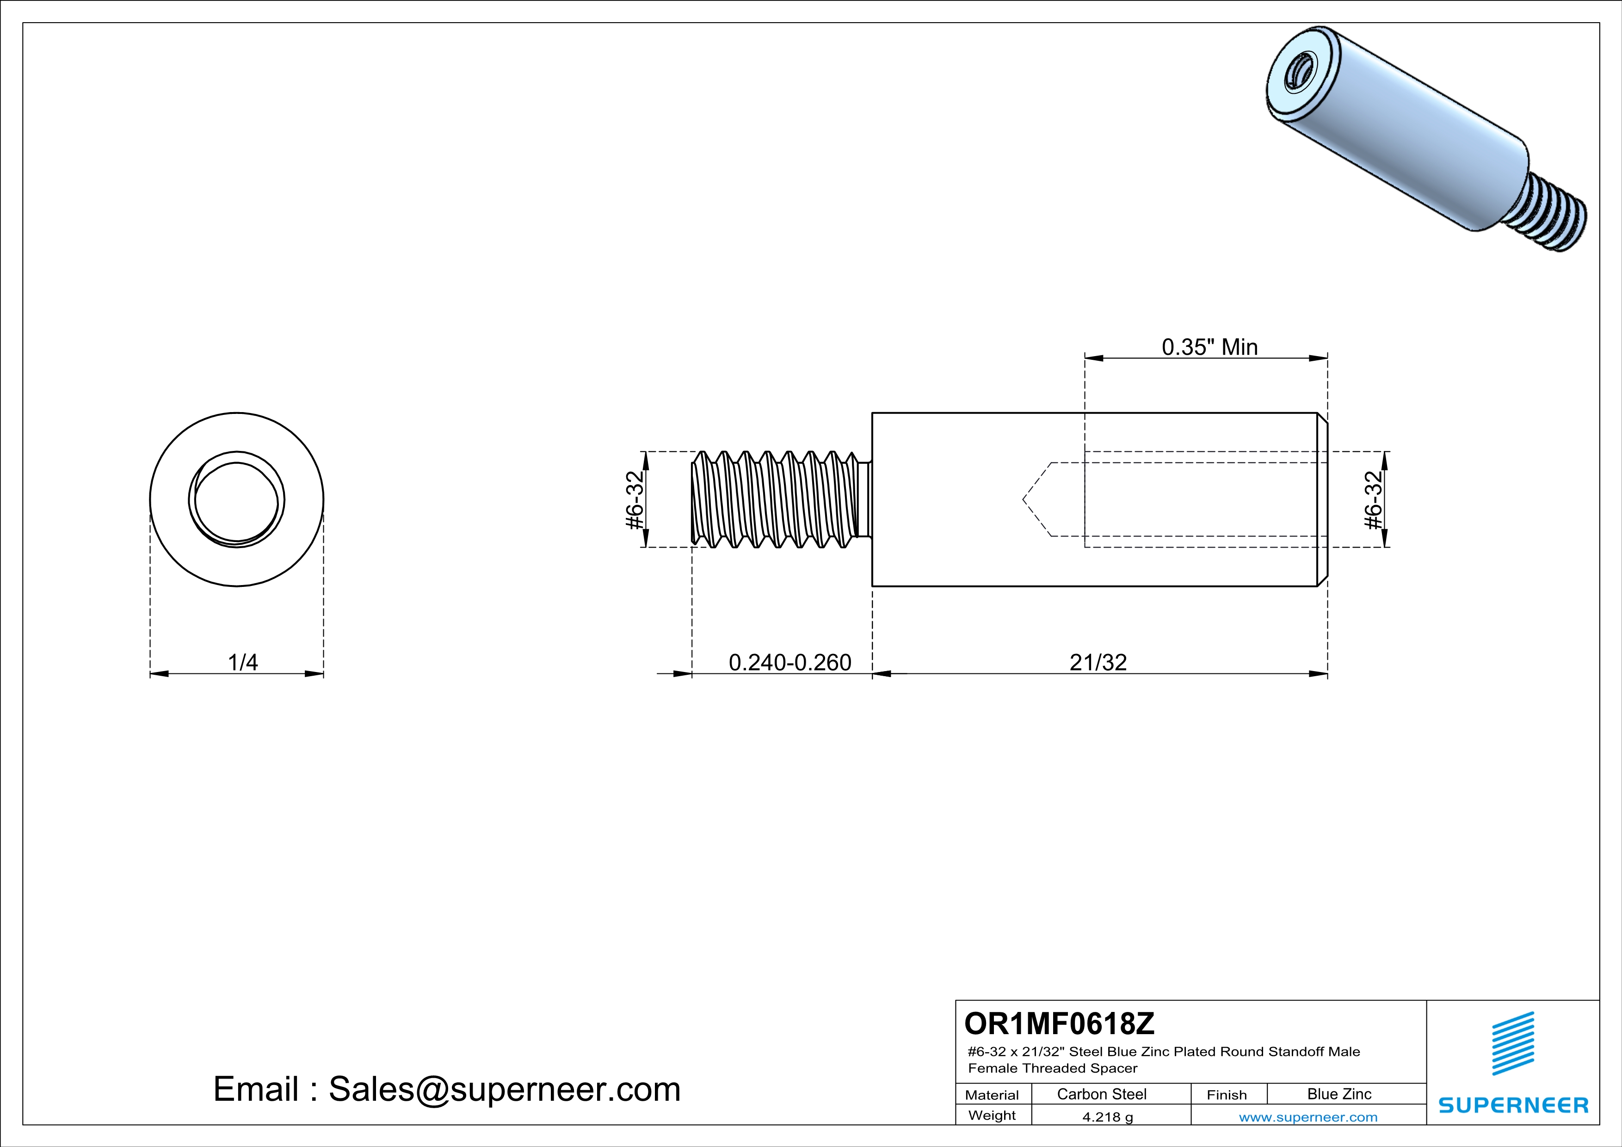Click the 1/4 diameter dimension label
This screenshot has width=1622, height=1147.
[242, 662]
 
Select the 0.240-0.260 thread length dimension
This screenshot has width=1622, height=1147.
[790, 662]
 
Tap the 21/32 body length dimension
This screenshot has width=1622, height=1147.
[1098, 662]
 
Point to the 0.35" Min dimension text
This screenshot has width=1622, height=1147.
[1209, 347]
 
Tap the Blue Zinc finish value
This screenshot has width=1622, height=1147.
[1339, 1094]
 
